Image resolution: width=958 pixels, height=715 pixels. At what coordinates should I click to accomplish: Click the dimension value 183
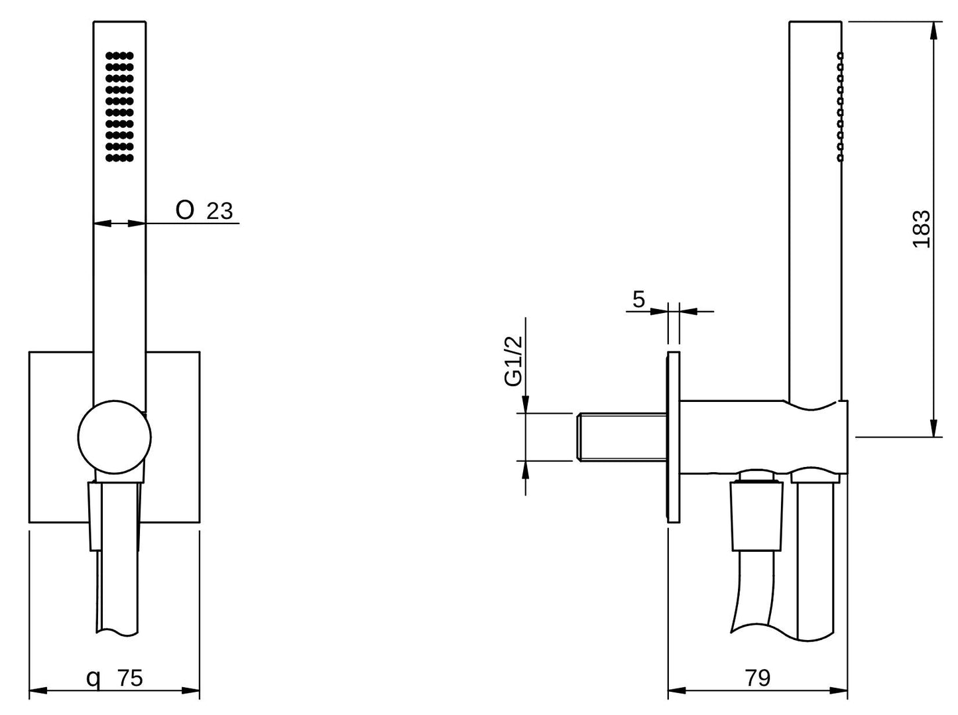coord(922,229)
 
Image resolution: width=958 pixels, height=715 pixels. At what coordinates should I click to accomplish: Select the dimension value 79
coord(757,678)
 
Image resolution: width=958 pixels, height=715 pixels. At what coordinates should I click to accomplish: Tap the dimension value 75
coord(130,678)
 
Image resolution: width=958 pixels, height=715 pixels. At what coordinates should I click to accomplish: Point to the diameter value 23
coord(219,211)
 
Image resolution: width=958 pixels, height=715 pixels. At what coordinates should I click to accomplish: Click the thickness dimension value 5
coord(638,299)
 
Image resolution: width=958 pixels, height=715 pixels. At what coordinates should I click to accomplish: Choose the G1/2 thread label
coord(514,361)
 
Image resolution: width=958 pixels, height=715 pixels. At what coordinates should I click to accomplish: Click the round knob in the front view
coord(114,437)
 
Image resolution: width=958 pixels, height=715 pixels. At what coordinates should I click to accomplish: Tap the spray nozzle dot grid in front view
coord(119,106)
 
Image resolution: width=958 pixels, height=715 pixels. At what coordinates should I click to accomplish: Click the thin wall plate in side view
coord(674,437)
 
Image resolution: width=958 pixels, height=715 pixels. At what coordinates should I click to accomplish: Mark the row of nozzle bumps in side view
coord(841,106)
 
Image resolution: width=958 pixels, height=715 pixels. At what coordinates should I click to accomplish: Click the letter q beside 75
coord(95,679)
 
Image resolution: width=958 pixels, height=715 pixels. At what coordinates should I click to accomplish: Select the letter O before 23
coord(185,210)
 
